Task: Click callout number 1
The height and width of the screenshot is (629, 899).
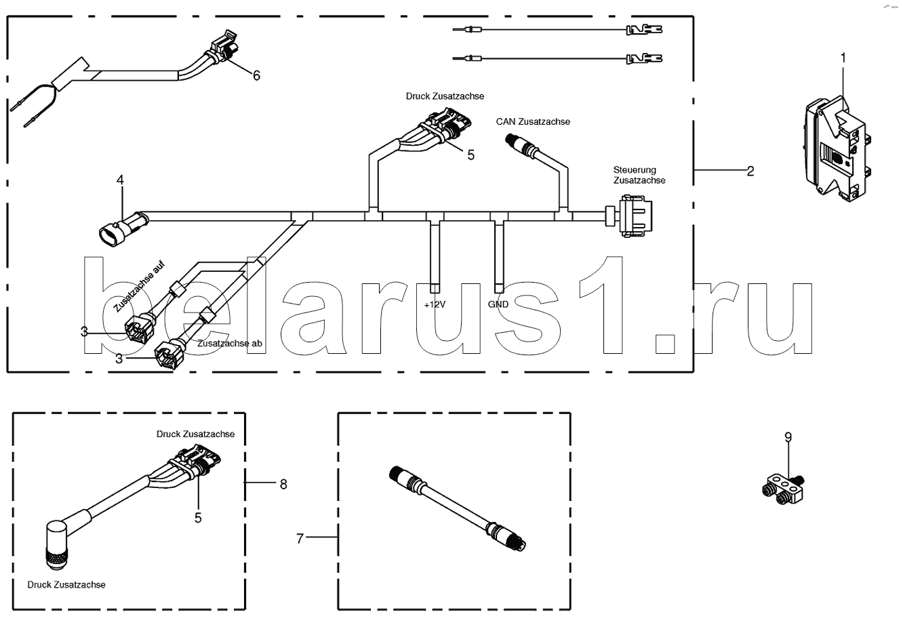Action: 843,58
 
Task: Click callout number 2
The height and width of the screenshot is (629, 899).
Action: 751,171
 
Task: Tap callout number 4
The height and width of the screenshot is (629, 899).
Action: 120,180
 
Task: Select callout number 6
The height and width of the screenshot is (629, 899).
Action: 256,75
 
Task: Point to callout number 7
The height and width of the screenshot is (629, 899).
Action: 299,538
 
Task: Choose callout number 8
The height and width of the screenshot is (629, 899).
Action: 283,484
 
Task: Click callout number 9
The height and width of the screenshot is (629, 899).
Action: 788,438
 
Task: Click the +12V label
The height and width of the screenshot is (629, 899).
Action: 435,304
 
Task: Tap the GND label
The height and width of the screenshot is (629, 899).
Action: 498,304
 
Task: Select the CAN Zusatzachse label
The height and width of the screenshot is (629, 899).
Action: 534,122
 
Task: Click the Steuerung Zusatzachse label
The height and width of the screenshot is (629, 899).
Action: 639,175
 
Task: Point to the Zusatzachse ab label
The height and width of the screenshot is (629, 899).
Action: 230,344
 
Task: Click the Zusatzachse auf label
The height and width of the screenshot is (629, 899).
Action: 139,287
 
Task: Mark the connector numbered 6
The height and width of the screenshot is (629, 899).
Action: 223,48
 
